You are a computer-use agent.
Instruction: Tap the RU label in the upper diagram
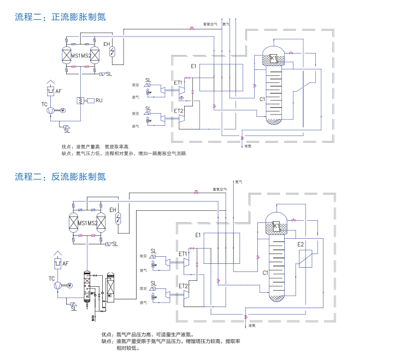point(99,101)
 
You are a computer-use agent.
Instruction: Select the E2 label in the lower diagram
point(301,244)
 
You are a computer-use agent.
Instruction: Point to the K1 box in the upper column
point(273,58)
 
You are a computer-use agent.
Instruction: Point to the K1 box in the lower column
point(276,226)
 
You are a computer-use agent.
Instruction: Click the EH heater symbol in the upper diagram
point(114,52)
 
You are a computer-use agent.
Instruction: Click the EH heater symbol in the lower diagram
point(118,220)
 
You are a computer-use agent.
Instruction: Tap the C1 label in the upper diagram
point(262,99)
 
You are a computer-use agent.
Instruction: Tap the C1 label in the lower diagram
point(266,272)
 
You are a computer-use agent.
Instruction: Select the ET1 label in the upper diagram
point(178,82)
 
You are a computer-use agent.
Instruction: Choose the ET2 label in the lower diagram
point(183,286)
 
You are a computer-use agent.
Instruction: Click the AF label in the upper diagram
point(58,91)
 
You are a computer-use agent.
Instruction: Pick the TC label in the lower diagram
point(52,279)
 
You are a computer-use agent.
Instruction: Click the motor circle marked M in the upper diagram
point(62,110)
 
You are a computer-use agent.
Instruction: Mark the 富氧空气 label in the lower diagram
point(220,190)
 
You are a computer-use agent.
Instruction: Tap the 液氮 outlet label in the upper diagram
point(248,146)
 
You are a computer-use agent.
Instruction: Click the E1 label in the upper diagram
point(193,66)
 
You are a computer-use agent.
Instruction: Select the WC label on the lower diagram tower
point(110,296)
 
